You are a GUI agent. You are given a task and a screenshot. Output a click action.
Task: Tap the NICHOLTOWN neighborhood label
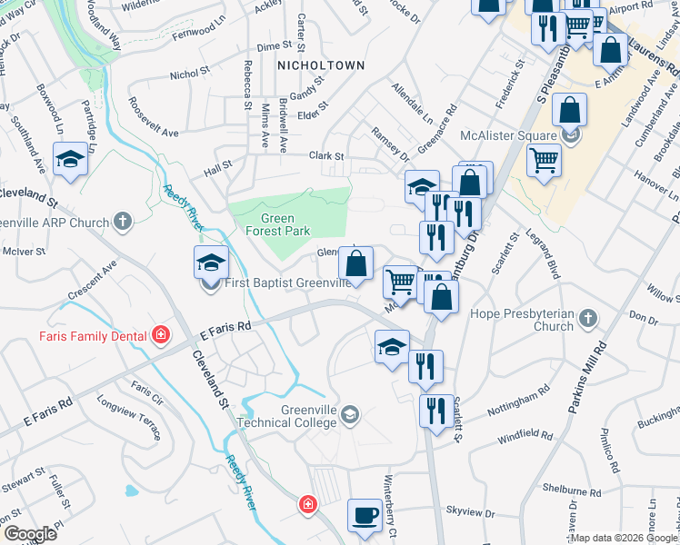tap(321, 65)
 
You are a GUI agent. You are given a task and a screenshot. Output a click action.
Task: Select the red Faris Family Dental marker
tap(161, 335)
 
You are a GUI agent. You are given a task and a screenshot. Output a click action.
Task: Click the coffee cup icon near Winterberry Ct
tap(365, 515)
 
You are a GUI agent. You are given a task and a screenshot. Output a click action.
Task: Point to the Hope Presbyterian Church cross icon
tap(589, 319)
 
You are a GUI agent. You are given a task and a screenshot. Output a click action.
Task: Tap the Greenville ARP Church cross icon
tap(123, 221)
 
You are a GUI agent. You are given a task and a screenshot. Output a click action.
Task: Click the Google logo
tap(30, 534)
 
